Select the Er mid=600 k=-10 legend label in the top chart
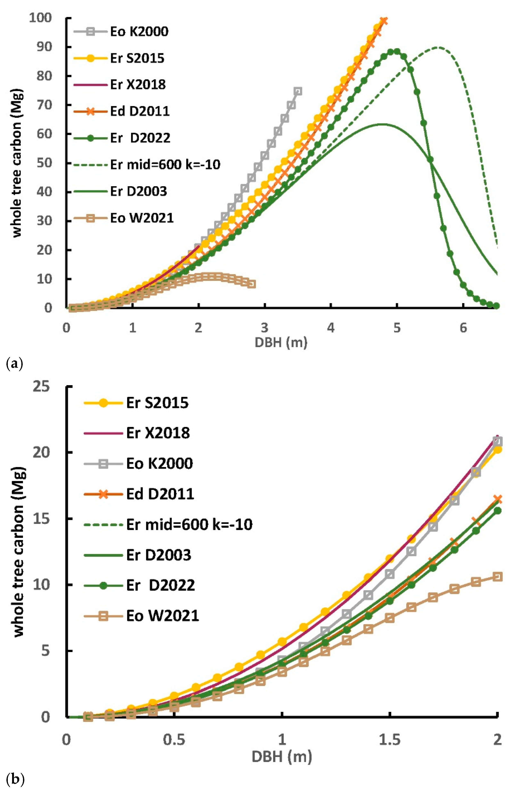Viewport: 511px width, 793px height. pyautogui.click(x=165, y=164)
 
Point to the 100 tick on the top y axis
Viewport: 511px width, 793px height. pyautogui.click(x=40, y=18)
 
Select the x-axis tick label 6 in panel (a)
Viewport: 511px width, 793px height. pyautogui.click(x=463, y=328)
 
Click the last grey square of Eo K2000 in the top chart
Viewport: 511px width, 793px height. pyautogui.click(x=298, y=91)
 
